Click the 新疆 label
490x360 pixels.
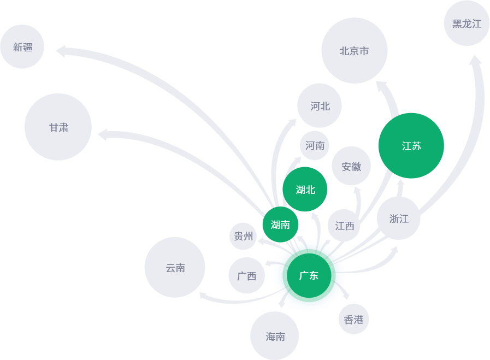tap(23, 48)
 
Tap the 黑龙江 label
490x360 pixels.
tap(467, 24)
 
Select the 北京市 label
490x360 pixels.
tap(354, 51)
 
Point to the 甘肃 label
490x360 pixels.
tap(59, 128)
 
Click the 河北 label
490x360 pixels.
tap(320, 107)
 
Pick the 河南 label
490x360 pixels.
tap(315, 146)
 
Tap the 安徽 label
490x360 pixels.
tap(351, 167)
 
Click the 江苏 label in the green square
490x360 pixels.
tap(411, 146)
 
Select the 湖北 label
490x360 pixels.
tap(305, 190)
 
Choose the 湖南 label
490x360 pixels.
tap(280, 225)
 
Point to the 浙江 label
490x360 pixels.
tap(399, 219)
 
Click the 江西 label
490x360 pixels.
tap(345, 226)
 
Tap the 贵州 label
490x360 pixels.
tap(244, 237)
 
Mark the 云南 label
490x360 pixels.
tap(175, 268)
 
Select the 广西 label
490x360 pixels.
tap(247, 276)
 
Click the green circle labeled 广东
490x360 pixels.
tap(309, 276)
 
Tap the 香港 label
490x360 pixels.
tap(353, 320)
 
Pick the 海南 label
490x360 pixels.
tap(275, 337)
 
